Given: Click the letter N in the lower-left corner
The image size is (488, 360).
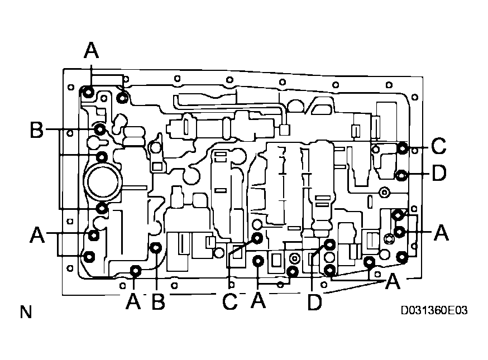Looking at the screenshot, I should click(x=25, y=312).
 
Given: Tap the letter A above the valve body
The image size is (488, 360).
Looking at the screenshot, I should click(x=91, y=51).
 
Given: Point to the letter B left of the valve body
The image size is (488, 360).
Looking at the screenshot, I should click(x=37, y=131).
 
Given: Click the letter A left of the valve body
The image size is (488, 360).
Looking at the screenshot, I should click(x=37, y=235).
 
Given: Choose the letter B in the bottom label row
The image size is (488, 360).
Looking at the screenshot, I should click(x=158, y=302).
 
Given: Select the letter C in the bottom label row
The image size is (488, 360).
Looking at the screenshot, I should click(x=229, y=302).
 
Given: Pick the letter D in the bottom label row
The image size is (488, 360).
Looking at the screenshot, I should click(x=315, y=302).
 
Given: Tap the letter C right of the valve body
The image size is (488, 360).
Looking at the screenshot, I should click(x=439, y=147).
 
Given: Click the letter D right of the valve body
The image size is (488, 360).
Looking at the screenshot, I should click(x=439, y=174).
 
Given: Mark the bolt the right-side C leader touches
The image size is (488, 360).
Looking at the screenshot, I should click(x=402, y=148).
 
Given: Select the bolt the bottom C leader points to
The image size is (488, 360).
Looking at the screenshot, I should click(x=257, y=238).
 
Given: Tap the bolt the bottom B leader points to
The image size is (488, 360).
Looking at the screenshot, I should click(x=156, y=248).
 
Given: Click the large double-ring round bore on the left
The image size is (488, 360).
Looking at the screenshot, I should click(x=103, y=182).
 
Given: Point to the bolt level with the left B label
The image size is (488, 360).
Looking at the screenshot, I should click(x=100, y=130).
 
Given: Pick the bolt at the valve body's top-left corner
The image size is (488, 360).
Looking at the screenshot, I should click(x=88, y=92).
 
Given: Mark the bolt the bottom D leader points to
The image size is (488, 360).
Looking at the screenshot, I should click(x=329, y=244).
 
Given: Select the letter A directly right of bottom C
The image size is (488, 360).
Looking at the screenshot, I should click(x=257, y=302).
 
